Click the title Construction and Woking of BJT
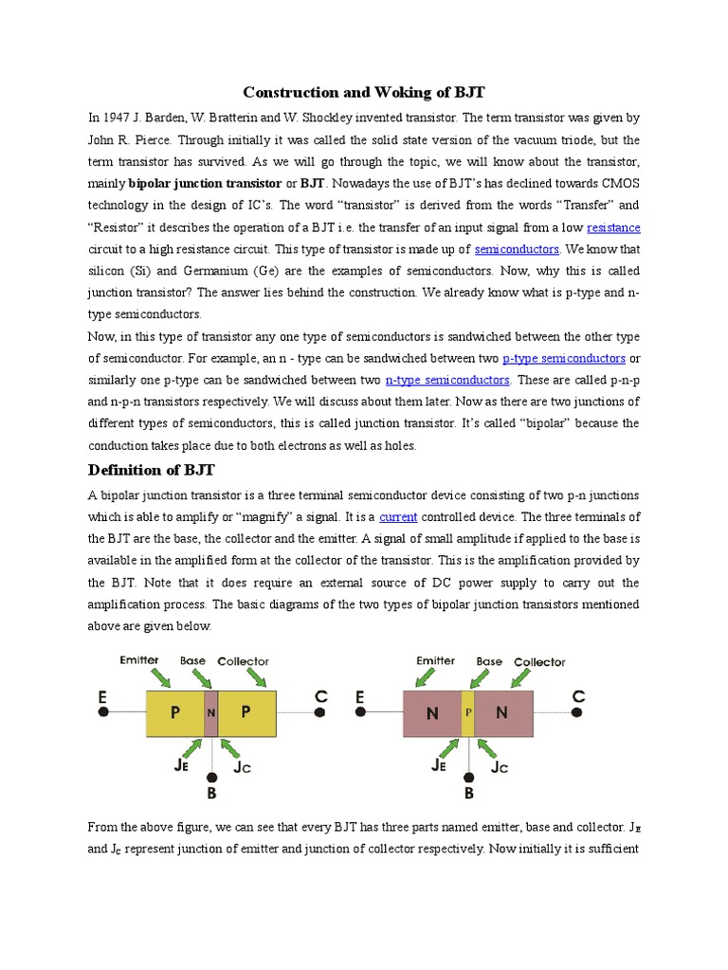(364, 92)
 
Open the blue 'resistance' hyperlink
(613, 227)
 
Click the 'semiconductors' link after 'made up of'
(517, 249)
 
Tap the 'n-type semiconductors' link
(447, 380)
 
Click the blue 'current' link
(398, 516)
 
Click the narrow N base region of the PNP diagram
(210, 713)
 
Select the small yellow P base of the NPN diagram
(467, 713)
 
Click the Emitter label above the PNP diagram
(140, 660)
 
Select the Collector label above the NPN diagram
(539, 662)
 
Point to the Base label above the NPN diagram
(489, 661)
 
